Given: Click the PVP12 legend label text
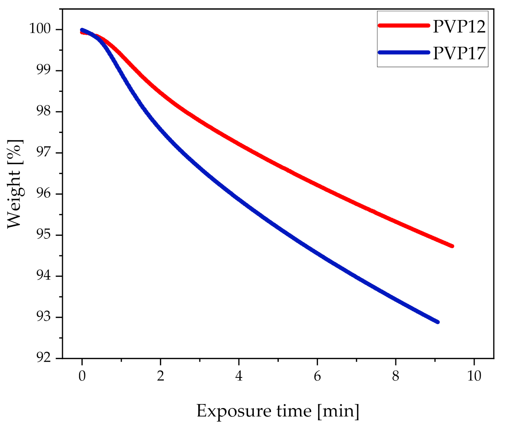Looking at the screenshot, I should coord(459,26).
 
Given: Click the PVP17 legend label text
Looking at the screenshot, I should coord(459,53).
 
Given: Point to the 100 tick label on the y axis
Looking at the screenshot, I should coord(40,29).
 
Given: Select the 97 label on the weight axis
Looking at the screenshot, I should coord(43,152).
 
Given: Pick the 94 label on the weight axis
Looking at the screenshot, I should coord(43,275).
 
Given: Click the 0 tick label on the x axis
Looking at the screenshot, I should coord(82,376).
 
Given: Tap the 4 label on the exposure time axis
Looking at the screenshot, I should coord(239,376).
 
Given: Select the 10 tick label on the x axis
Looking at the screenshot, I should coord(474,376).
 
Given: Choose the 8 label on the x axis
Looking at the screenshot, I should coord(395,376).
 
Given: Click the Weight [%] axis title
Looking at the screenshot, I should coord(14,184).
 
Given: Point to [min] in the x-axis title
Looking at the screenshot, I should coord(338,411).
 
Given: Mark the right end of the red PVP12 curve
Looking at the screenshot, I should coord(452,246).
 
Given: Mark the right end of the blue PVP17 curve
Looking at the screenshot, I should coord(437,322).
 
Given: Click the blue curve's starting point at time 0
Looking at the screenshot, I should coord(82,30).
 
